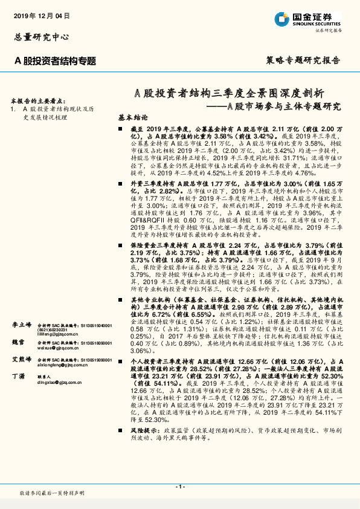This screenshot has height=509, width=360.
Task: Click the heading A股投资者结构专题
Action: pyautogui.click(x=55, y=60)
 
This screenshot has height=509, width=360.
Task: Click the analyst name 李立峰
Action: pyautogui.click(x=21, y=325)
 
